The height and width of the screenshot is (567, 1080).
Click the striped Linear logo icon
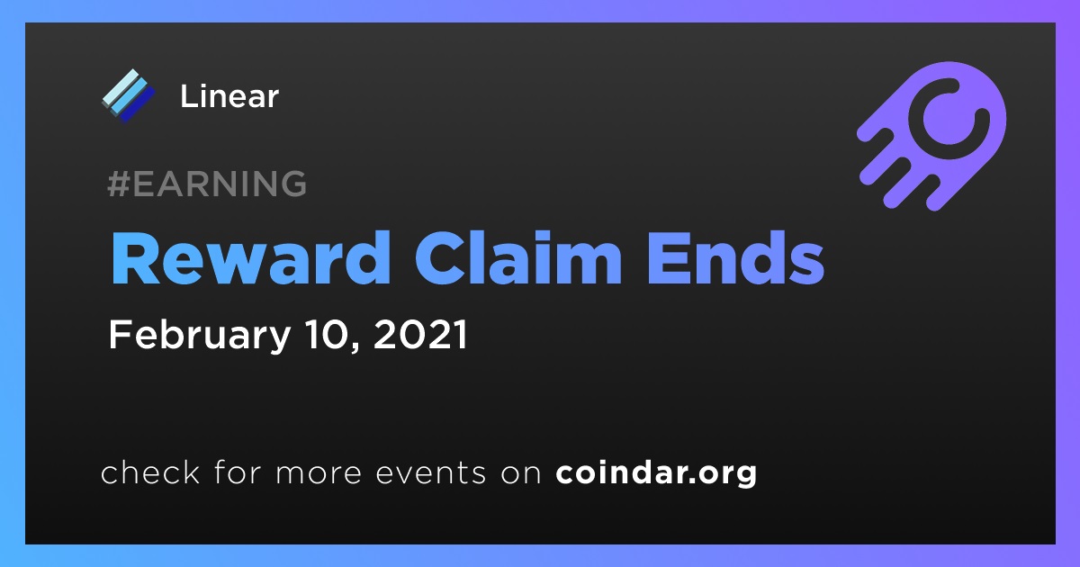coord(129,95)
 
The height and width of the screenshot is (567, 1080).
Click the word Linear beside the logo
coord(229,96)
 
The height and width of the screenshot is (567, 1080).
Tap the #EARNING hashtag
coord(207,184)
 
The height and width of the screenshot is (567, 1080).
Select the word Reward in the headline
coord(250,258)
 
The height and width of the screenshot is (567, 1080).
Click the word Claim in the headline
coord(518,258)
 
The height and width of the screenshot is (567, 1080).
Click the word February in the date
coord(200,336)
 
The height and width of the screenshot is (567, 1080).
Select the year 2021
coord(420,335)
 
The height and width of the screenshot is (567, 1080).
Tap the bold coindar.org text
coord(656,473)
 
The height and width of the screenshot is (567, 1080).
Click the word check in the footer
coord(150,472)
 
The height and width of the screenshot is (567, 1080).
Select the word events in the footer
coord(431,473)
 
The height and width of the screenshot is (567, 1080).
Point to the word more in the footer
coord(319,474)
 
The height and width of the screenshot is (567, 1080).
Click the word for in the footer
coord(238,472)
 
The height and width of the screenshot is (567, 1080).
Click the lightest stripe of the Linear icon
coord(121,86)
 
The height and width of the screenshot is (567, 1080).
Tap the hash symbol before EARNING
coord(119,184)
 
